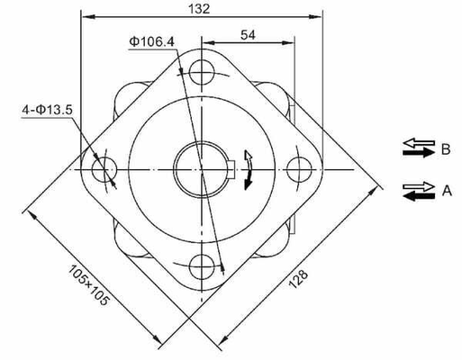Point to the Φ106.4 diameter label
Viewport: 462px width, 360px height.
click(x=149, y=41)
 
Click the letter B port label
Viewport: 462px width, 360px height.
click(x=445, y=149)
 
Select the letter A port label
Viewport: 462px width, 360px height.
click(x=445, y=191)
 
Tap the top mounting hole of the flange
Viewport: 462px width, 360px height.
click(x=200, y=71)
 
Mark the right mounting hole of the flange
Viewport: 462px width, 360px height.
click(x=297, y=167)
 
